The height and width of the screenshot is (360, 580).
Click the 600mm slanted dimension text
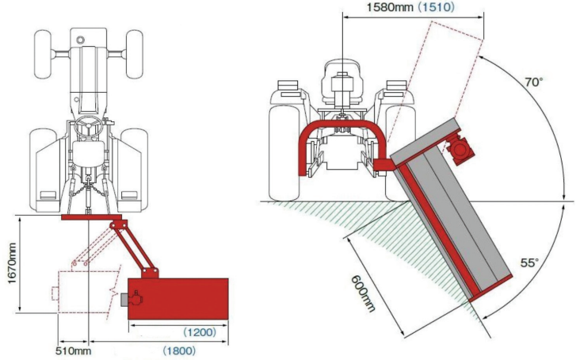coord(364,291)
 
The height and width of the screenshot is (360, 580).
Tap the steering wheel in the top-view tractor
coord(88,124)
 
